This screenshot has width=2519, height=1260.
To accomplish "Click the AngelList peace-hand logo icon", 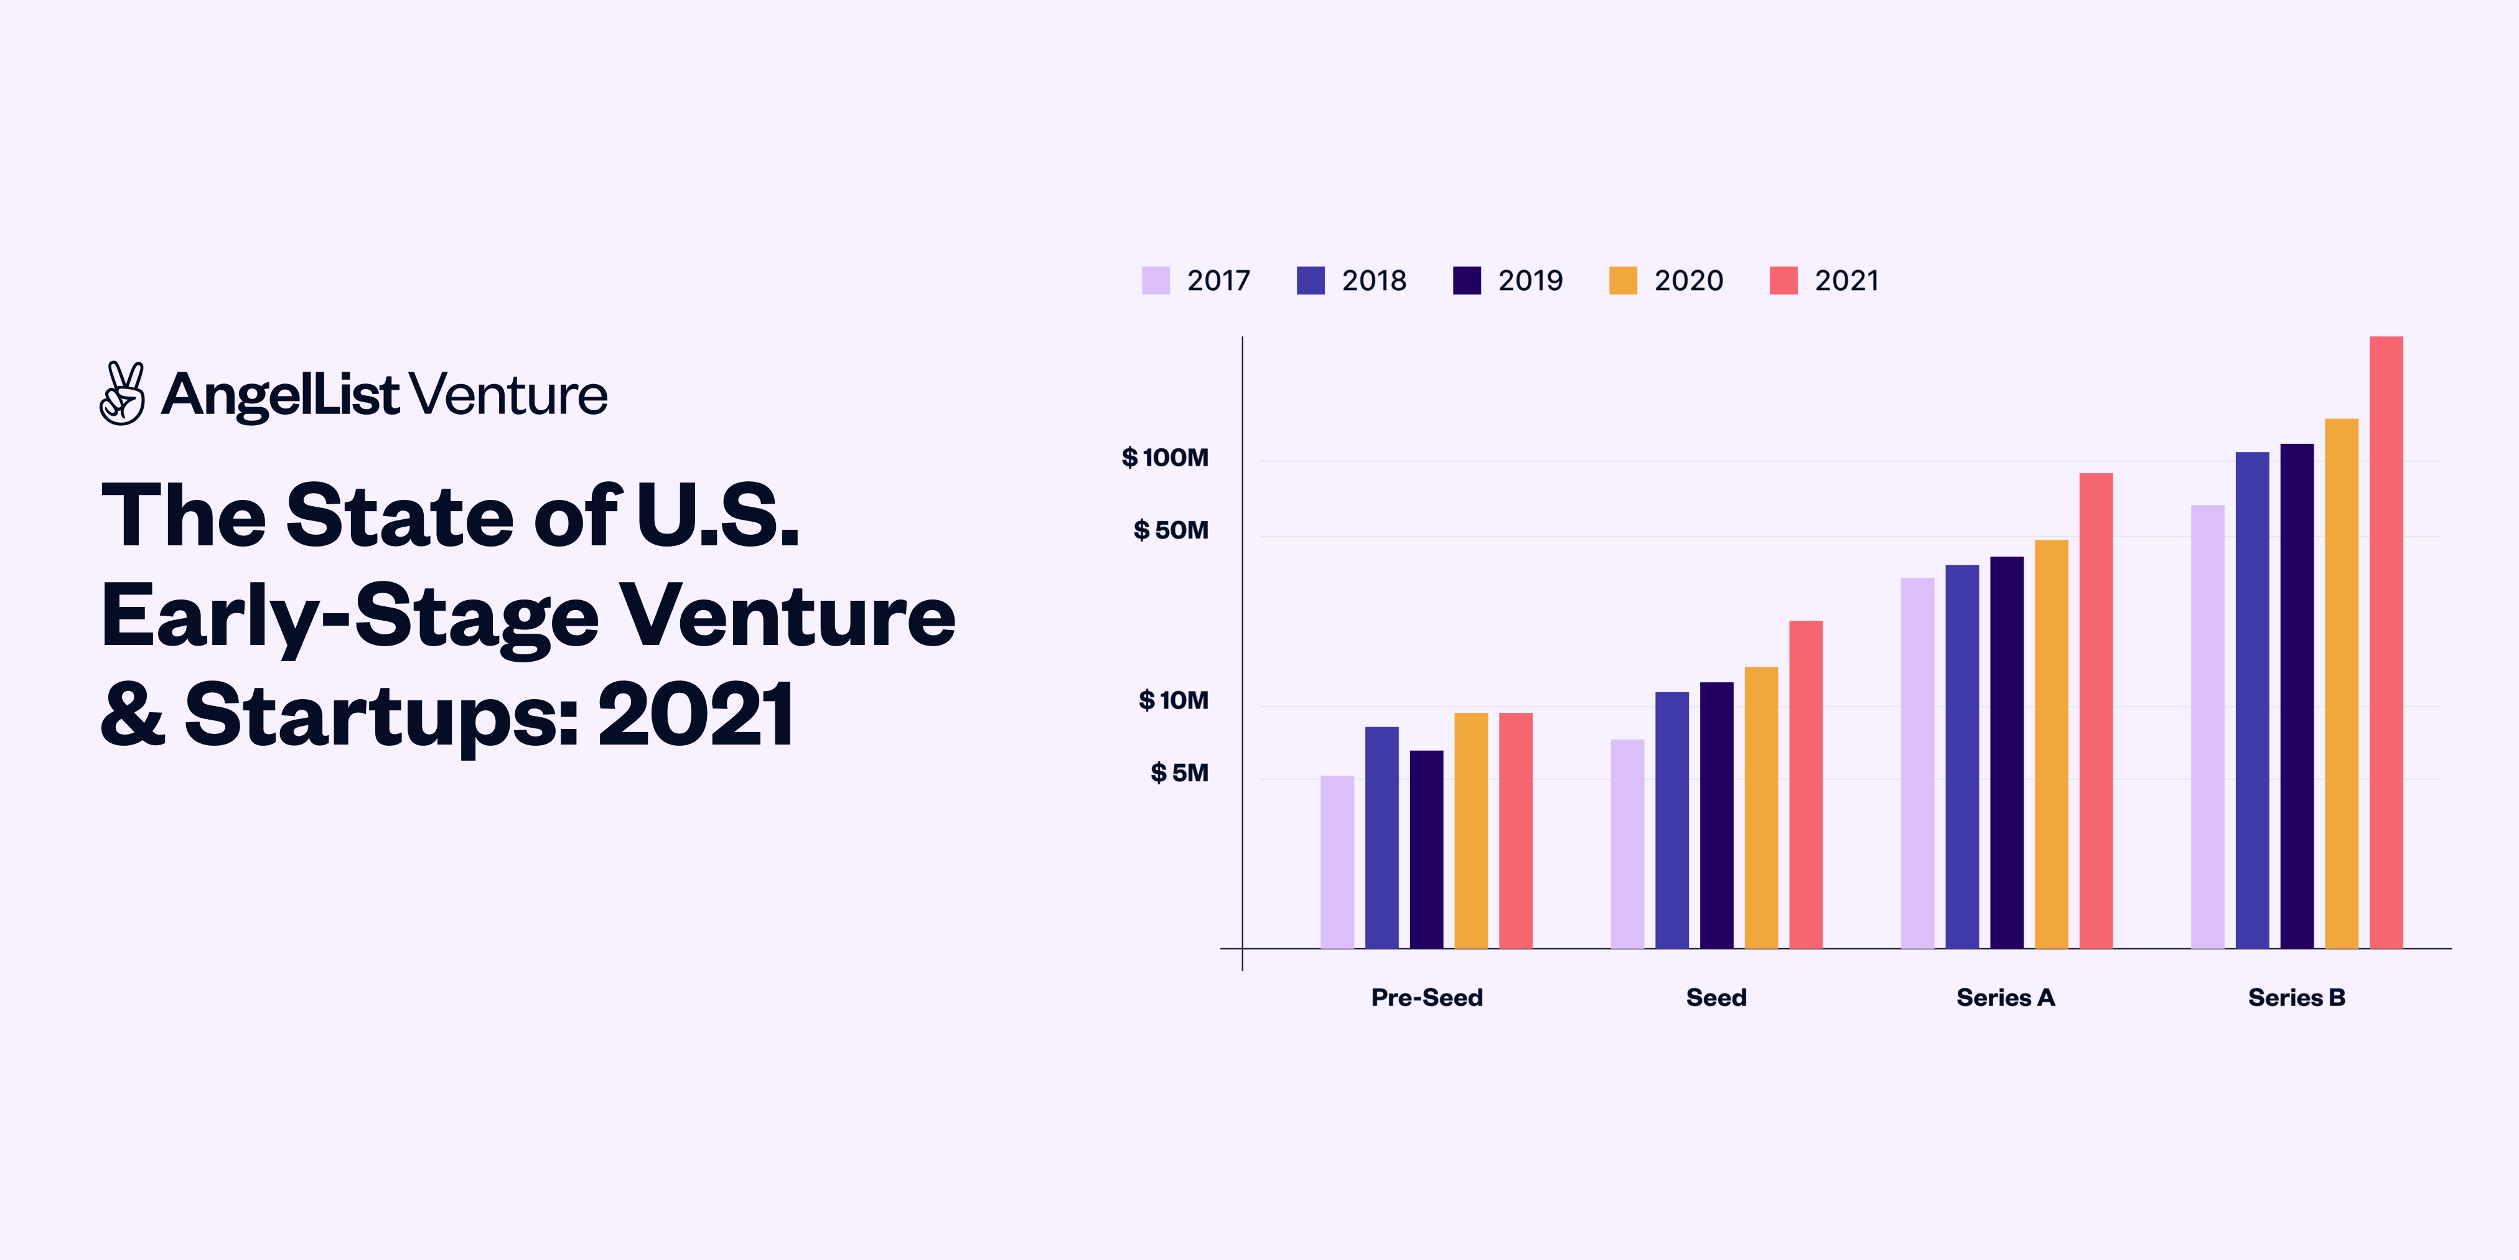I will point(122,394).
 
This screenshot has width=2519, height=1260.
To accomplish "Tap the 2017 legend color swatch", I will point(1155,281).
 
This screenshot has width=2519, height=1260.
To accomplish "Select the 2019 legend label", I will point(1530,281).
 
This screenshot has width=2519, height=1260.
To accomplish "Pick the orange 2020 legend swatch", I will point(1622,281).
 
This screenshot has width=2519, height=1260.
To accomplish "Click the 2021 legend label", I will point(1846,281).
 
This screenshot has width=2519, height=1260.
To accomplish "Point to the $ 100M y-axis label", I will point(1165,458).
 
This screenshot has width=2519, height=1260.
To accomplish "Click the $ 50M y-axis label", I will point(1171,530).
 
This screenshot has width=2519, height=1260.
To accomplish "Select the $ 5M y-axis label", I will point(1179,773).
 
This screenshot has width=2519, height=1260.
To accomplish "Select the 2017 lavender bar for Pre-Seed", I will point(1337,862).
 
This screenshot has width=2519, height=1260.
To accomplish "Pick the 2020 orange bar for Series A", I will point(2050,743).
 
